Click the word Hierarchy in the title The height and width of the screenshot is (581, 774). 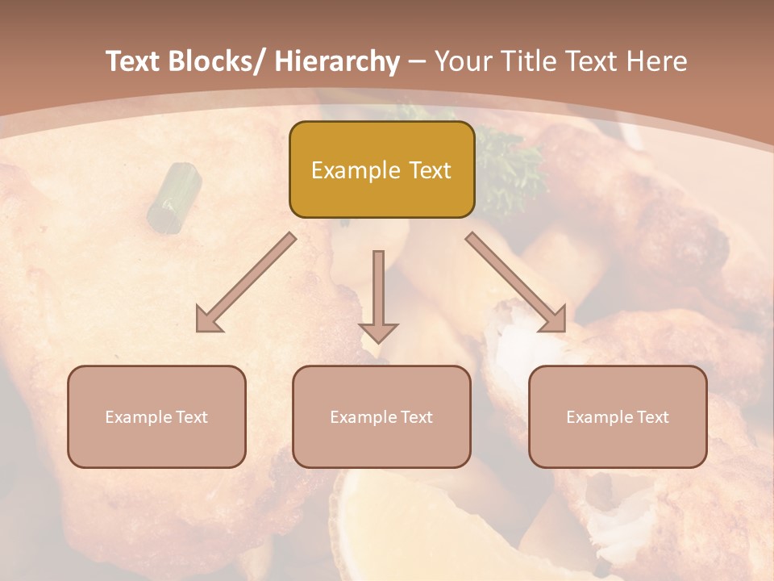pyautogui.click(x=337, y=61)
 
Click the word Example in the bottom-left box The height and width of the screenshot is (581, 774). pyautogui.click(x=135, y=417)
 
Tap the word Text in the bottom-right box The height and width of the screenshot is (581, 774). pyautogui.click(x=652, y=417)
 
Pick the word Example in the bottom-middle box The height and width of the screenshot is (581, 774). pyautogui.click(x=360, y=417)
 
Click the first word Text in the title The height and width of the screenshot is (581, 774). pyautogui.click(x=134, y=61)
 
